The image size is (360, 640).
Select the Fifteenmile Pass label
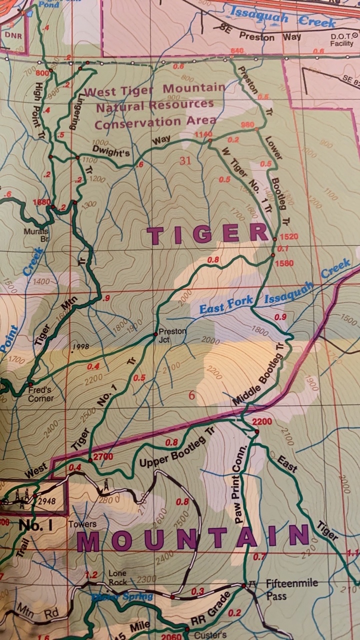pyautogui.click(x=284, y=589)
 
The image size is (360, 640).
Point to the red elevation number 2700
pyautogui.click(x=103, y=456)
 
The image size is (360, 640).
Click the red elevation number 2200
pyautogui.click(x=262, y=421)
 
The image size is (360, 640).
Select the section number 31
pyautogui.click(x=186, y=160)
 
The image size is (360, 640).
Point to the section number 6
pyautogui.click(x=191, y=395)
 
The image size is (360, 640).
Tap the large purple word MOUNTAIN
pyautogui.click(x=193, y=538)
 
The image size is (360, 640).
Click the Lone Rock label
pyautogui.click(x=117, y=577)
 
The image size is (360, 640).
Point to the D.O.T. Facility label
pyautogui.click(x=341, y=40)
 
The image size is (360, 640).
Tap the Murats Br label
pyautogui.click(x=36, y=235)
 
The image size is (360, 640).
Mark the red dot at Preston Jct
pyautogui.click(x=155, y=333)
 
